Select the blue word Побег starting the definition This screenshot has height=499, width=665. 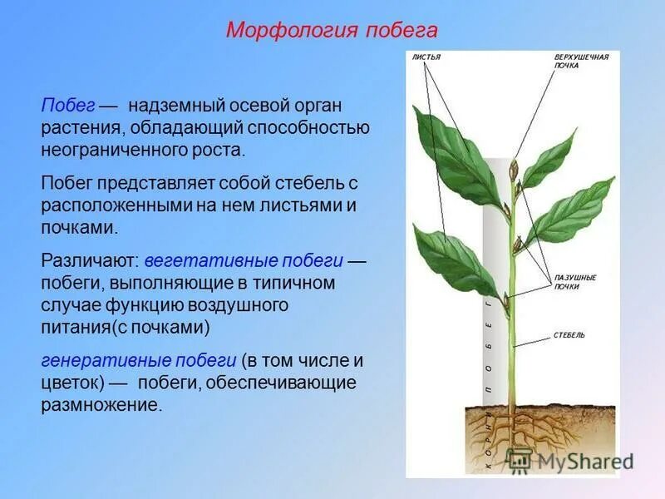click(x=67, y=106)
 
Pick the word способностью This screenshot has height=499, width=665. click(x=315, y=129)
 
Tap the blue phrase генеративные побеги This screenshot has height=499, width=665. click(x=139, y=361)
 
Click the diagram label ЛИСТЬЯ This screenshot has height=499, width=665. click(x=426, y=57)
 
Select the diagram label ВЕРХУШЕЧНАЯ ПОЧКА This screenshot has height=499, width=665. click(x=581, y=61)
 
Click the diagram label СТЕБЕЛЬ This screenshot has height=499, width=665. click(x=569, y=335)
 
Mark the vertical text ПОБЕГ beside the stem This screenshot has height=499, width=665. click(x=490, y=349)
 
